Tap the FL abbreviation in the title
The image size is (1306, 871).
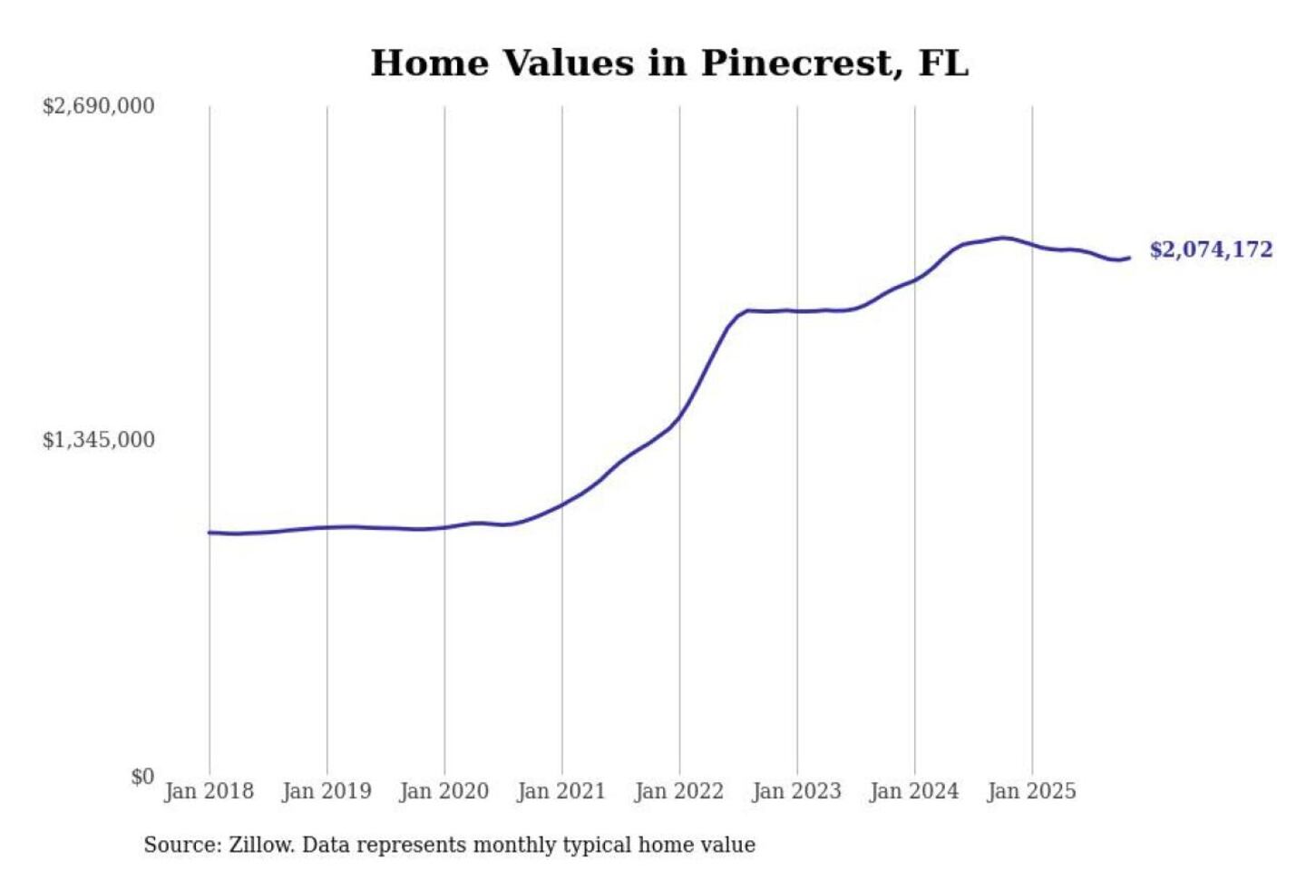coord(943,64)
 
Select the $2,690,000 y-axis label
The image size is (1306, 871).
coord(98,106)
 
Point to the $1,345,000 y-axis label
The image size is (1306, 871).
coord(98,440)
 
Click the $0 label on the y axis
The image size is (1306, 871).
coord(142,777)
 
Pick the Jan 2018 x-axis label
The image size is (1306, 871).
coord(209,791)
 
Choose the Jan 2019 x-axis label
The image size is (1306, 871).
coord(326,791)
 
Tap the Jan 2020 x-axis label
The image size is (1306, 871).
coord(443,791)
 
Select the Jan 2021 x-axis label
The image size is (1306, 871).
coord(561,791)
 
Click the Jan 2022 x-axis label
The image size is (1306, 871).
coord(679,791)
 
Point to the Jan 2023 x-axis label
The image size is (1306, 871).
coord(796,791)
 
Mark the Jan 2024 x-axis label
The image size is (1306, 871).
coord(913,791)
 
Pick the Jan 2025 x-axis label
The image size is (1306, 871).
coord(1031,791)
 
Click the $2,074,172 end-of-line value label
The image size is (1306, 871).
coord(1211,250)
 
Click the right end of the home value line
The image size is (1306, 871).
coord(1129,258)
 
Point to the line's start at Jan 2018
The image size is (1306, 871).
coord(210,533)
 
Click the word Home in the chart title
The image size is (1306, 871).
coord(429,64)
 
